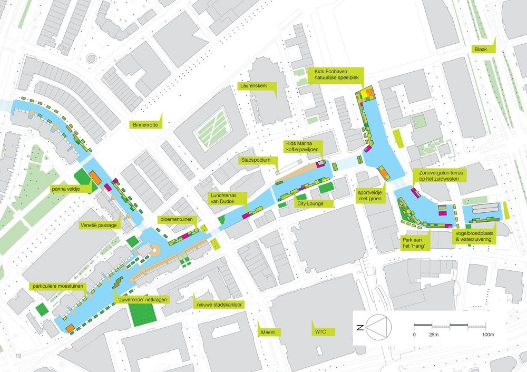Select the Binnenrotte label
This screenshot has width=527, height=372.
coord(146,125)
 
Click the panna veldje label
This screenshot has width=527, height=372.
coord(70,188)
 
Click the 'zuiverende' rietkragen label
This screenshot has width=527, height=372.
coord(139,299)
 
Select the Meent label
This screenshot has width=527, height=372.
coord(268,332)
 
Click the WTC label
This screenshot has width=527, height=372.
coord(319,332)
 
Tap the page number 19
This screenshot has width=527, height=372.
coord(18,356)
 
